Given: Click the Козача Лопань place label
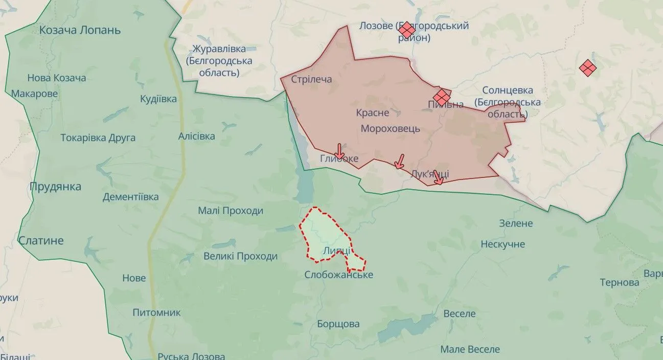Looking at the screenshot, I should point(80,30).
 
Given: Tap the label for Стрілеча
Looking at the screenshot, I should point(311,79).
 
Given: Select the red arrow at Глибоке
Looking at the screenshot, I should point(339,151).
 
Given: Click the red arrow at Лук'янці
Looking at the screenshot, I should point(438,177).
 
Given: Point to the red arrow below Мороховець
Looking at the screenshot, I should point(400,161).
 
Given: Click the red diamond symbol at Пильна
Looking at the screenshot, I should point(442,97).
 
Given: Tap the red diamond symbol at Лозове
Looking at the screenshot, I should point(407,30).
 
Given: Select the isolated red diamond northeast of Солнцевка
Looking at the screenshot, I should point(588,67).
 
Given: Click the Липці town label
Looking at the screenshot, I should point(337,251).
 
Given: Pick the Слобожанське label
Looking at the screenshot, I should point(338,275).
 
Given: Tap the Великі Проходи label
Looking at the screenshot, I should point(240,256).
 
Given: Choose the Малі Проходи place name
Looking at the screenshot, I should point(231,211).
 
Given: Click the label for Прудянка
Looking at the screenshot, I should point(55,187).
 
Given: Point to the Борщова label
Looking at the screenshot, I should point(338,324).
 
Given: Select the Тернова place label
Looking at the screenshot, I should point(619,282).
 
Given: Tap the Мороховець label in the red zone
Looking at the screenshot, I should point(391,128).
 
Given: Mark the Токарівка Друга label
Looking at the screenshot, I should point(98,138).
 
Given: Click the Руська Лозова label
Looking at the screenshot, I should point(191,356).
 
